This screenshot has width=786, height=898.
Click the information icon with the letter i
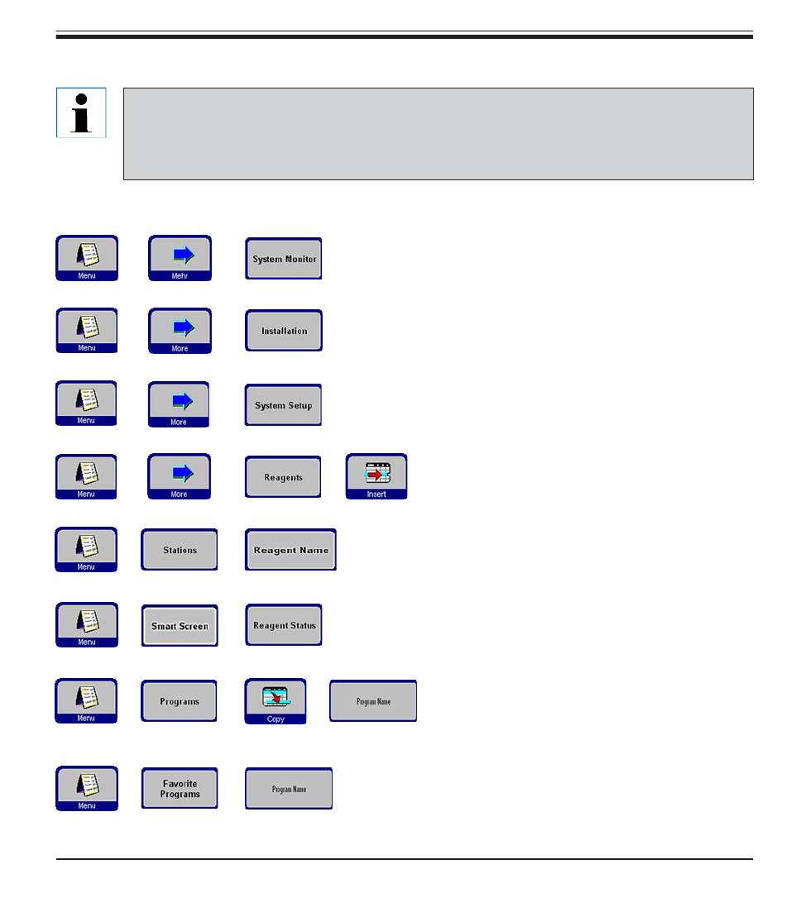(81, 112)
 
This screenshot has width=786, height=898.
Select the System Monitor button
(284, 259)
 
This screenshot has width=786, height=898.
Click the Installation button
(284, 331)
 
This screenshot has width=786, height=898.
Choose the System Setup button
(283, 405)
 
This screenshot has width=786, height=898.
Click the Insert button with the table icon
(376, 476)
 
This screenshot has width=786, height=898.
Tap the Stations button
(180, 550)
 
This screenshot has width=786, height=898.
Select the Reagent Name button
(290, 550)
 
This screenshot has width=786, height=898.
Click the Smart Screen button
(180, 625)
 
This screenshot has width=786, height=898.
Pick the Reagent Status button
(284, 625)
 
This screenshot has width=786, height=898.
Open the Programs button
(179, 701)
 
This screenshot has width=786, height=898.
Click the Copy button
(276, 701)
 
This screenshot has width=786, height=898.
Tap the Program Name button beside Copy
(373, 701)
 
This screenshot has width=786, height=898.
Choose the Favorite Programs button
(180, 788)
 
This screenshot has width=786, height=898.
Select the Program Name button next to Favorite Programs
(289, 788)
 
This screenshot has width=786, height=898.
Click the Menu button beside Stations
(86, 550)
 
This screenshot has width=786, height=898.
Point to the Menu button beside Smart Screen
(86, 625)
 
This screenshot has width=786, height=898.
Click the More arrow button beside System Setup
(178, 404)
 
